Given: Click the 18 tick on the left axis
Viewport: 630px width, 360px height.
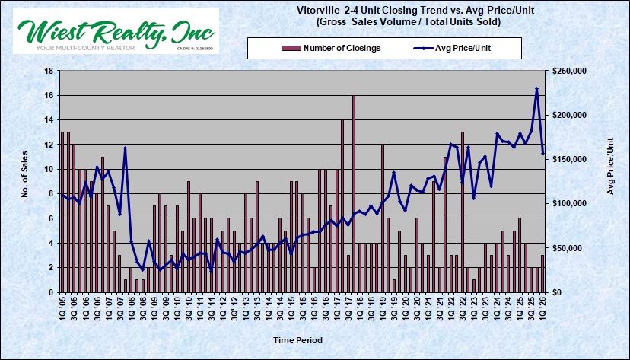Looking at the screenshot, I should pos(48,71).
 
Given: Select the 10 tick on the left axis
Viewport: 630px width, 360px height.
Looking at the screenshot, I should pos(48,169).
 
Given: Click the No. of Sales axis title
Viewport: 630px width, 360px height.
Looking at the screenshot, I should pos(24,181).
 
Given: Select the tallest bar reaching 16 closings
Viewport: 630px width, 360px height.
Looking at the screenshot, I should pos(354,193).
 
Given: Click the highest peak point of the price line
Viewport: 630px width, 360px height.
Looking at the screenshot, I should pos(536,89).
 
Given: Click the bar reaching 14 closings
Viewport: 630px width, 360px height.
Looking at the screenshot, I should pos(342,205).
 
